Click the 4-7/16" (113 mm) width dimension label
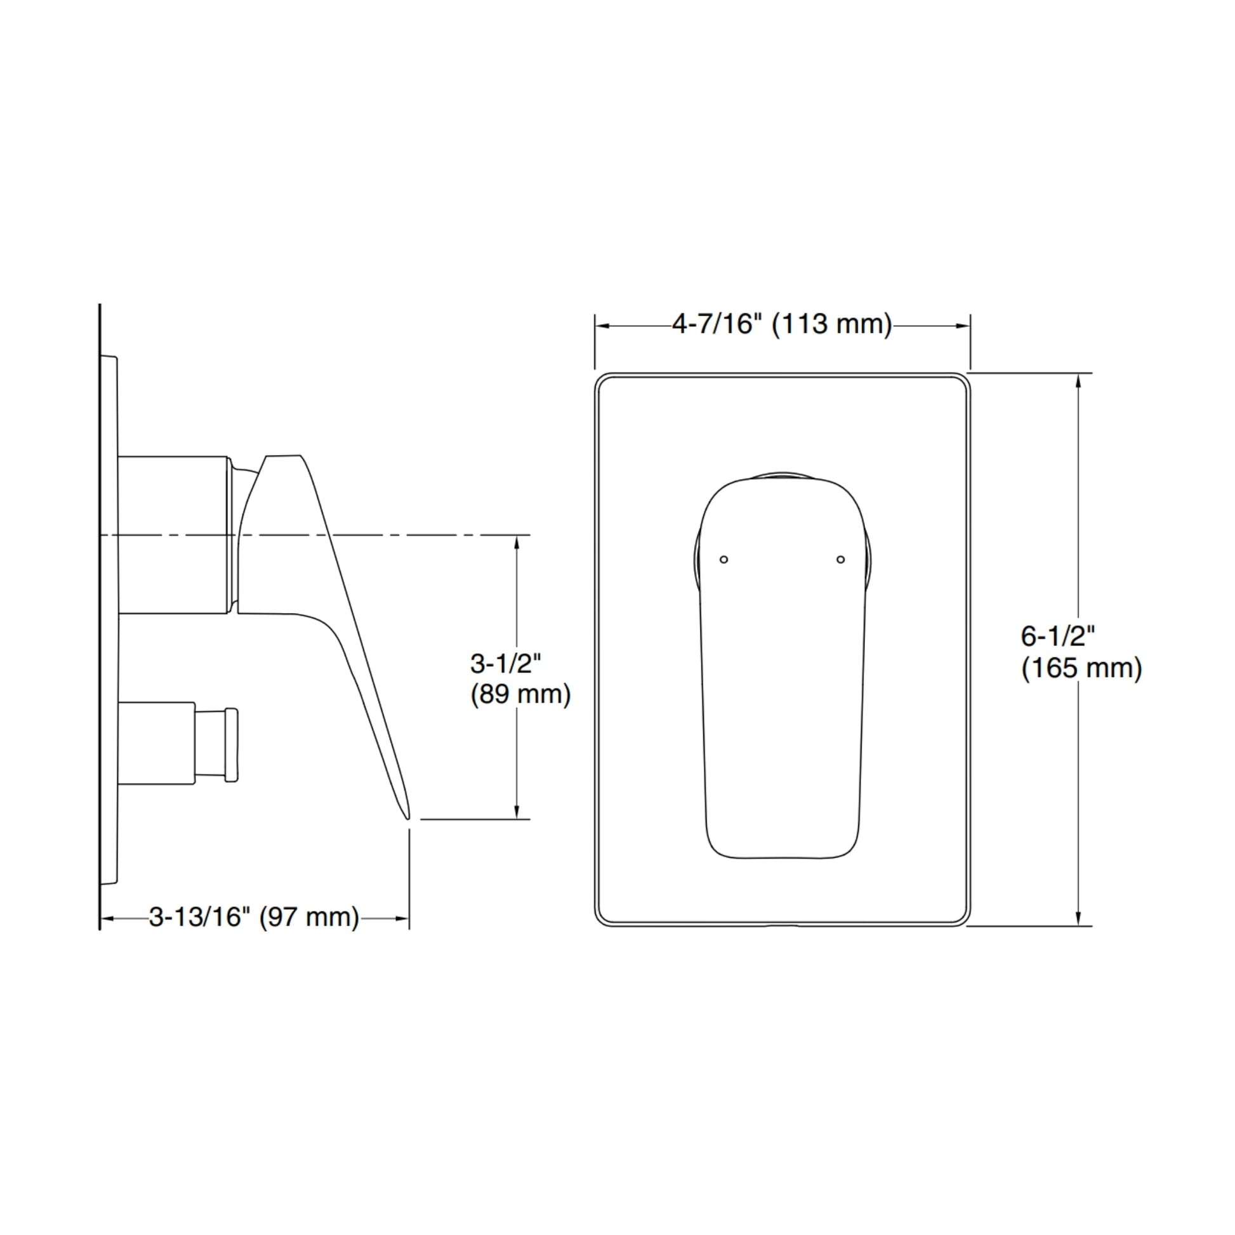point(782,325)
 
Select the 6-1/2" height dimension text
point(1058,636)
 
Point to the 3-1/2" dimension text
point(506,664)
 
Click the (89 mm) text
point(520,694)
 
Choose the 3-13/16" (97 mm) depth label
point(254,917)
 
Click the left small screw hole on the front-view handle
point(723,559)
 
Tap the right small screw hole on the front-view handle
point(841,559)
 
